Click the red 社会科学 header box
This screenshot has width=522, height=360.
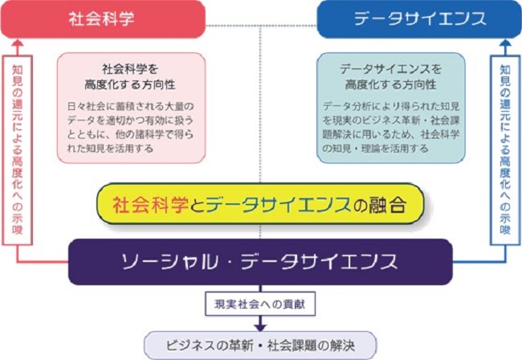pyautogui.click(x=103, y=19)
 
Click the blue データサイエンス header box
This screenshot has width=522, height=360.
pyautogui.click(x=419, y=19)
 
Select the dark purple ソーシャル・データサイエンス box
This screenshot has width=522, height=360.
pyautogui.click(x=260, y=262)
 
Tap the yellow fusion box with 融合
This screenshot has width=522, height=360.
pyautogui.click(x=260, y=204)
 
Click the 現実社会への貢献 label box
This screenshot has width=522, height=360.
pyautogui.click(x=260, y=304)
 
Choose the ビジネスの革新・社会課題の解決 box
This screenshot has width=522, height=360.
pyautogui.click(x=260, y=346)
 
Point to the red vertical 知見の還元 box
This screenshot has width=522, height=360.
pyautogui.click(x=18, y=150)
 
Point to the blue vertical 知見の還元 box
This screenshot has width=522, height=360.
pyautogui.click(x=505, y=150)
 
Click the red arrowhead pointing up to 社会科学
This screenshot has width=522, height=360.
pyautogui.click(x=18, y=43)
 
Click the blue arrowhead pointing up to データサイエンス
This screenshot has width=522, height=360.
pyautogui.click(x=505, y=43)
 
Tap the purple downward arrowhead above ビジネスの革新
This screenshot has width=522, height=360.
pyautogui.click(x=260, y=327)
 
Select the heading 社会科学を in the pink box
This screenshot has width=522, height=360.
pyautogui.click(x=130, y=69)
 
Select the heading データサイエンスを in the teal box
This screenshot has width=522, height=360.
pyautogui.click(x=390, y=69)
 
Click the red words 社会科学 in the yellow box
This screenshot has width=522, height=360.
pyautogui.click(x=151, y=204)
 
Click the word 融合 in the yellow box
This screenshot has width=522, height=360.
pyautogui.click(x=387, y=204)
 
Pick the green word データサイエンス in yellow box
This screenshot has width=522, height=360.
pyautogui.click(x=279, y=204)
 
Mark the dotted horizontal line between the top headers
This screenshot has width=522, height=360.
pyautogui.click(x=261, y=25)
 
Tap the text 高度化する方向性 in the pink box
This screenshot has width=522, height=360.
pyautogui.click(x=130, y=84)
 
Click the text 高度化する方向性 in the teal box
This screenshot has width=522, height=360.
pyautogui.click(x=390, y=84)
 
